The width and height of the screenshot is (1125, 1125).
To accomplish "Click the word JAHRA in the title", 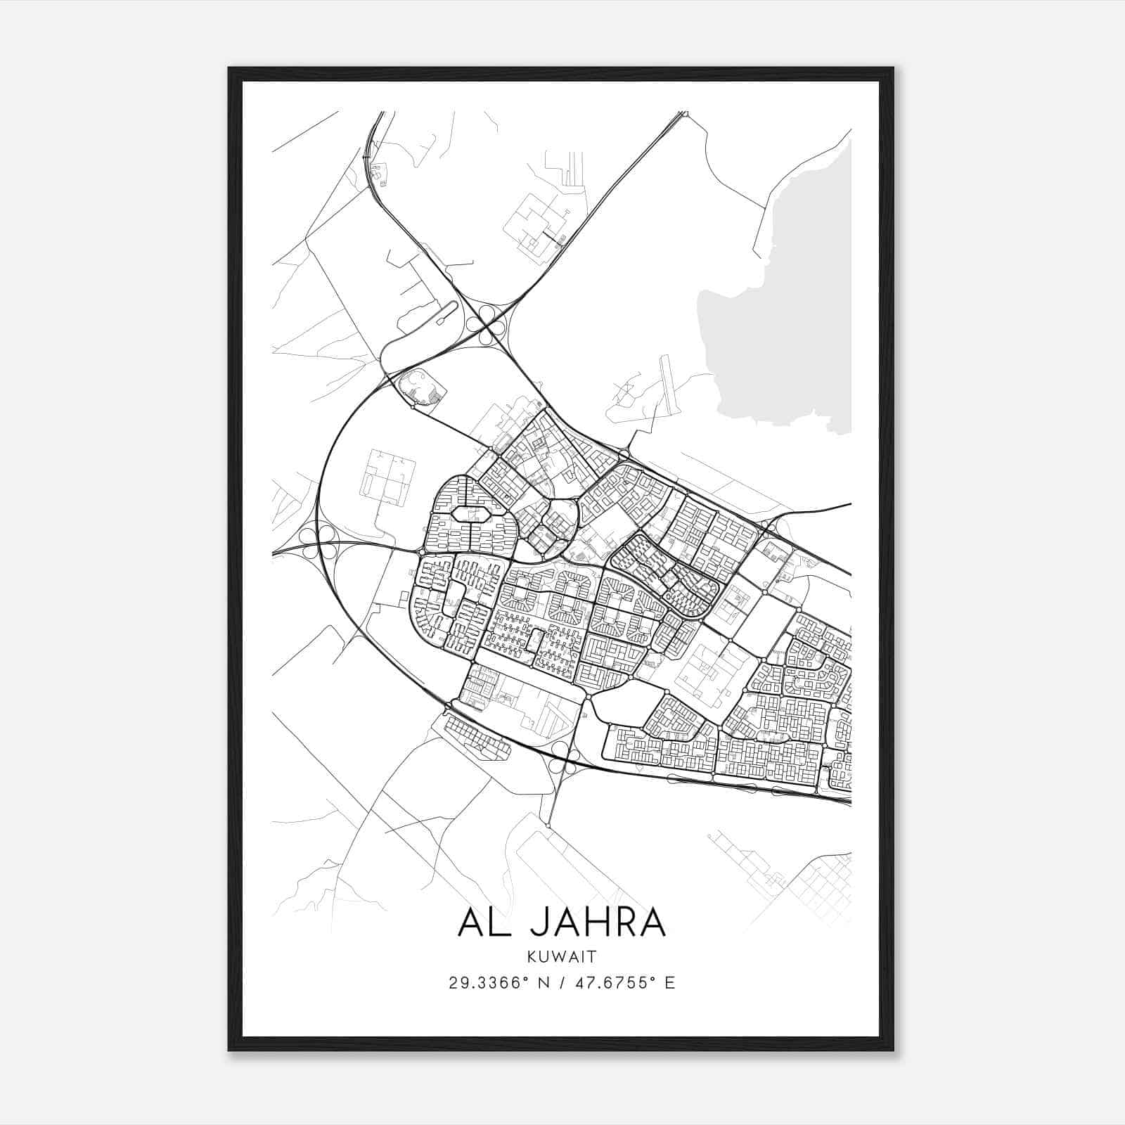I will pos(598,923).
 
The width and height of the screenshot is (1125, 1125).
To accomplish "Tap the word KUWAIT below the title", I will pos(562,957).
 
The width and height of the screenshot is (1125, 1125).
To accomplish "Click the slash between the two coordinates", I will pos(562,983).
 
